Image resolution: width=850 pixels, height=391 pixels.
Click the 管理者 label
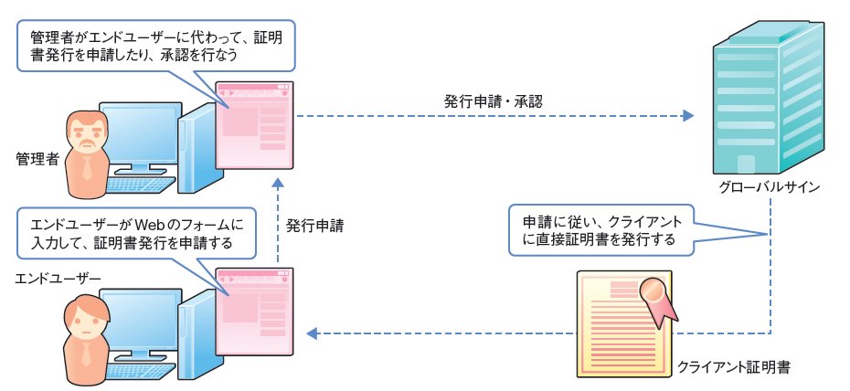37,159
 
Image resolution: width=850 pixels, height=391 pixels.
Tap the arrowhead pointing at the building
688,116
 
